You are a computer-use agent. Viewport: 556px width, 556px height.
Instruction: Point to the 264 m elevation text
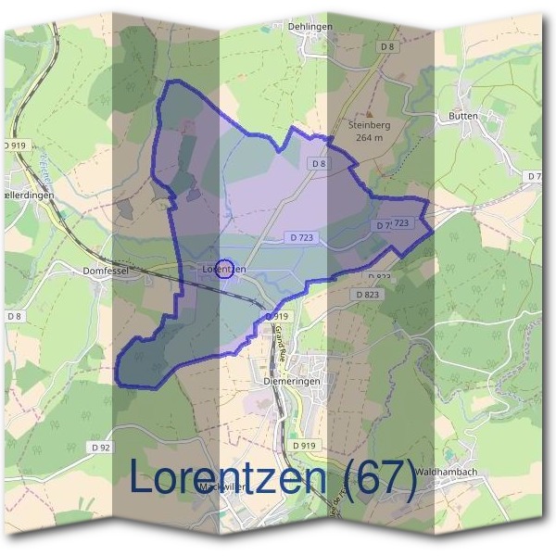coord(368,138)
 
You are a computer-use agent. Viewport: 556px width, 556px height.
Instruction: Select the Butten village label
coord(462,117)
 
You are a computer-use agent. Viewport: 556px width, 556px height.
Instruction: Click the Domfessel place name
coord(103,271)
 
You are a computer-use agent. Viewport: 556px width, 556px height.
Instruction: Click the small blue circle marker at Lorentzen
coord(223,270)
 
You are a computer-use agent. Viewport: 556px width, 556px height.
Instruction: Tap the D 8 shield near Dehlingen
coord(387,45)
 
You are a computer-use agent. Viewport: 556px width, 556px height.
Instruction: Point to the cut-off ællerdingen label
coord(28,196)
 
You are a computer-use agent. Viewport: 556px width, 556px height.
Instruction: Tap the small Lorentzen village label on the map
coord(222,269)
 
